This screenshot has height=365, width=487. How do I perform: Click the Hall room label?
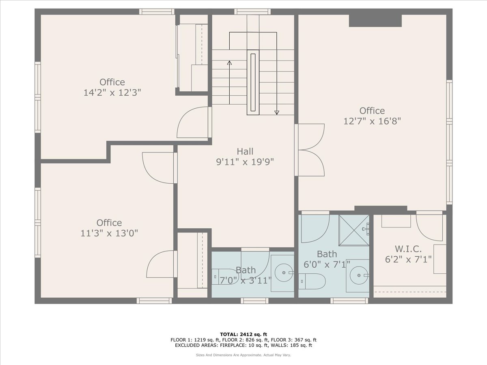click(x=245, y=151)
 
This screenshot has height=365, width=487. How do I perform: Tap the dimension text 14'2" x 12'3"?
click(x=112, y=92)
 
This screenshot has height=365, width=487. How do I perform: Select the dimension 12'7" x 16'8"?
click(x=372, y=121)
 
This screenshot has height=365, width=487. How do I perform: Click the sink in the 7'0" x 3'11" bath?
click(x=283, y=273)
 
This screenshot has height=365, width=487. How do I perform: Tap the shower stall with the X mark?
click(x=353, y=230)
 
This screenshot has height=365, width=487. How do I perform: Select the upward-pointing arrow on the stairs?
click(x=229, y=63)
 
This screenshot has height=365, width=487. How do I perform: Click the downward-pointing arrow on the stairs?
click(x=277, y=112)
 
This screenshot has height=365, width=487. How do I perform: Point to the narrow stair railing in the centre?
click(x=253, y=82)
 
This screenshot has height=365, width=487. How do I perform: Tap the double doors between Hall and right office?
click(x=311, y=150)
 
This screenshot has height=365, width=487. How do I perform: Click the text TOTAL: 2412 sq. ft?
click(x=243, y=334)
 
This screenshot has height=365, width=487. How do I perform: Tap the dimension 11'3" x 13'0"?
click(x=109, y=233)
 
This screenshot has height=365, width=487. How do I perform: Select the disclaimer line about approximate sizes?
click(x=243, y=355)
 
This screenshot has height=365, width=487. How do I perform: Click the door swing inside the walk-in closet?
click(x=429, y=227)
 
